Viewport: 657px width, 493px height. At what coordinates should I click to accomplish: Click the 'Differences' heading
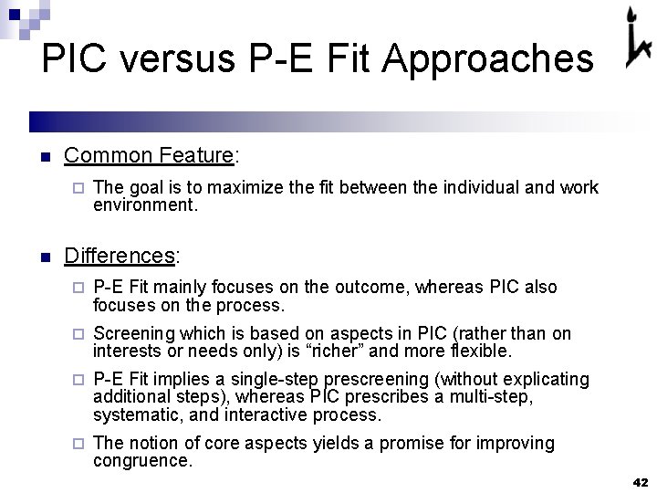pyautogui.click(x=120, y=255)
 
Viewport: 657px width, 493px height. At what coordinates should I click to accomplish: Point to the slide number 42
pyautogui.click(x=639, y=481)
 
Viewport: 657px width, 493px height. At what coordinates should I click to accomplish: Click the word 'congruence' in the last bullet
pyautogui.click(x=141, y=461)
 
